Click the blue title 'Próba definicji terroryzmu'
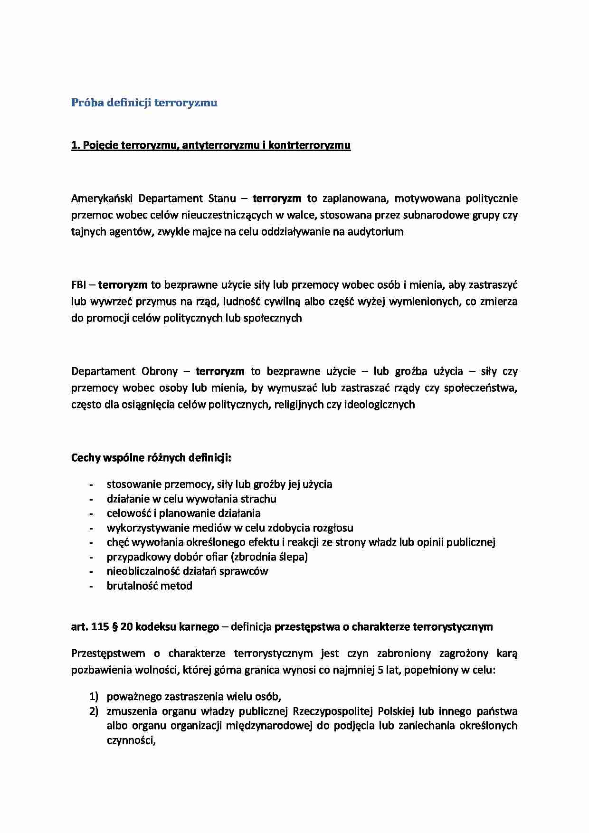(144, 103)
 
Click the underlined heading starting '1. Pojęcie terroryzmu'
(210, 145)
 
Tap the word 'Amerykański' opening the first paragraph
(98, 198)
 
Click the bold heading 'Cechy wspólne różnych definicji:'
(151, 458)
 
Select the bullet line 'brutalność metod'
(149, 586)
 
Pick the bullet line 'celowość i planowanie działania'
(183, 513)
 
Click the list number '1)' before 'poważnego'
(93, 697)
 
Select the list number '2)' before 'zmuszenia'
(93, 711)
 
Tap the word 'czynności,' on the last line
(132, 740)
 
